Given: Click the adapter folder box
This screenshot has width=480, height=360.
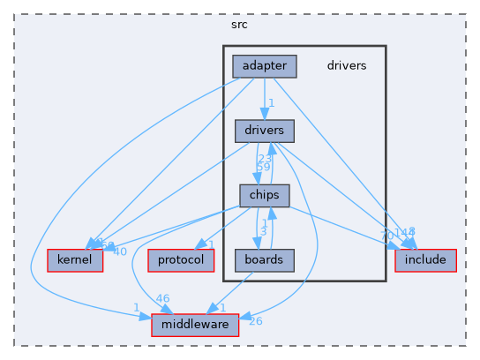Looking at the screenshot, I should coord(265,65).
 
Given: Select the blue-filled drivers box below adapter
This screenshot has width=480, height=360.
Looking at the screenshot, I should coord(264,131).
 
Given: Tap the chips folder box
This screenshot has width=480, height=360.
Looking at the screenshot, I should coord(264,195).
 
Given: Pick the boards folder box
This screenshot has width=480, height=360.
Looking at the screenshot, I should coord(264,259).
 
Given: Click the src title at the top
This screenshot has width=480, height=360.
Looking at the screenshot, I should coord(239,24).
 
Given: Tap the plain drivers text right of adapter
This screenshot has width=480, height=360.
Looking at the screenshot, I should coord(347,65).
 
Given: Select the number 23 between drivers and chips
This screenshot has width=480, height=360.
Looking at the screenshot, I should coord(264,159).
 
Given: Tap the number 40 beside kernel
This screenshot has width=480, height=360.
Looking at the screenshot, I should coord(121,251).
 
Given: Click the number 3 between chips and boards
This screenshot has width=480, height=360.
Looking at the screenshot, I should coord(263,232).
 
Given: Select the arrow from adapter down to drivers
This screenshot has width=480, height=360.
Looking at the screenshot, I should coord(265,97).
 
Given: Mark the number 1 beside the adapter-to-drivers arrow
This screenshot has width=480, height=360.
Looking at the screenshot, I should coord(272,103).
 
